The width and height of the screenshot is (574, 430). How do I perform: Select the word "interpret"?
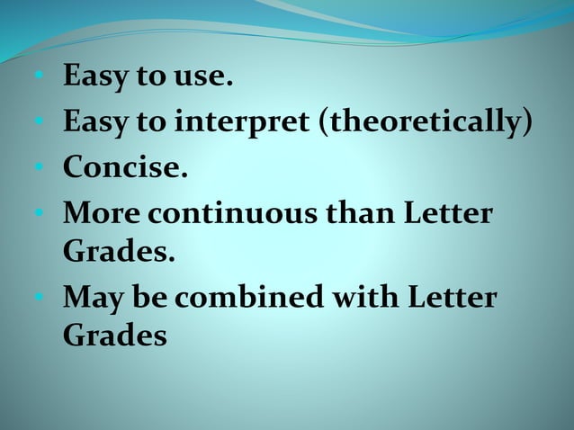click(x=238, y=122)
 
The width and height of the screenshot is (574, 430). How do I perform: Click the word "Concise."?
click(x=125, y=167)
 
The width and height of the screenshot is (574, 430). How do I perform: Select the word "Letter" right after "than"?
click(x=448, y=213)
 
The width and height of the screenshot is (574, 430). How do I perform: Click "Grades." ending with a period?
click(x=118, y=252)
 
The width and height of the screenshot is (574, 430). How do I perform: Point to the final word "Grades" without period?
click(x=115, y=336)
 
